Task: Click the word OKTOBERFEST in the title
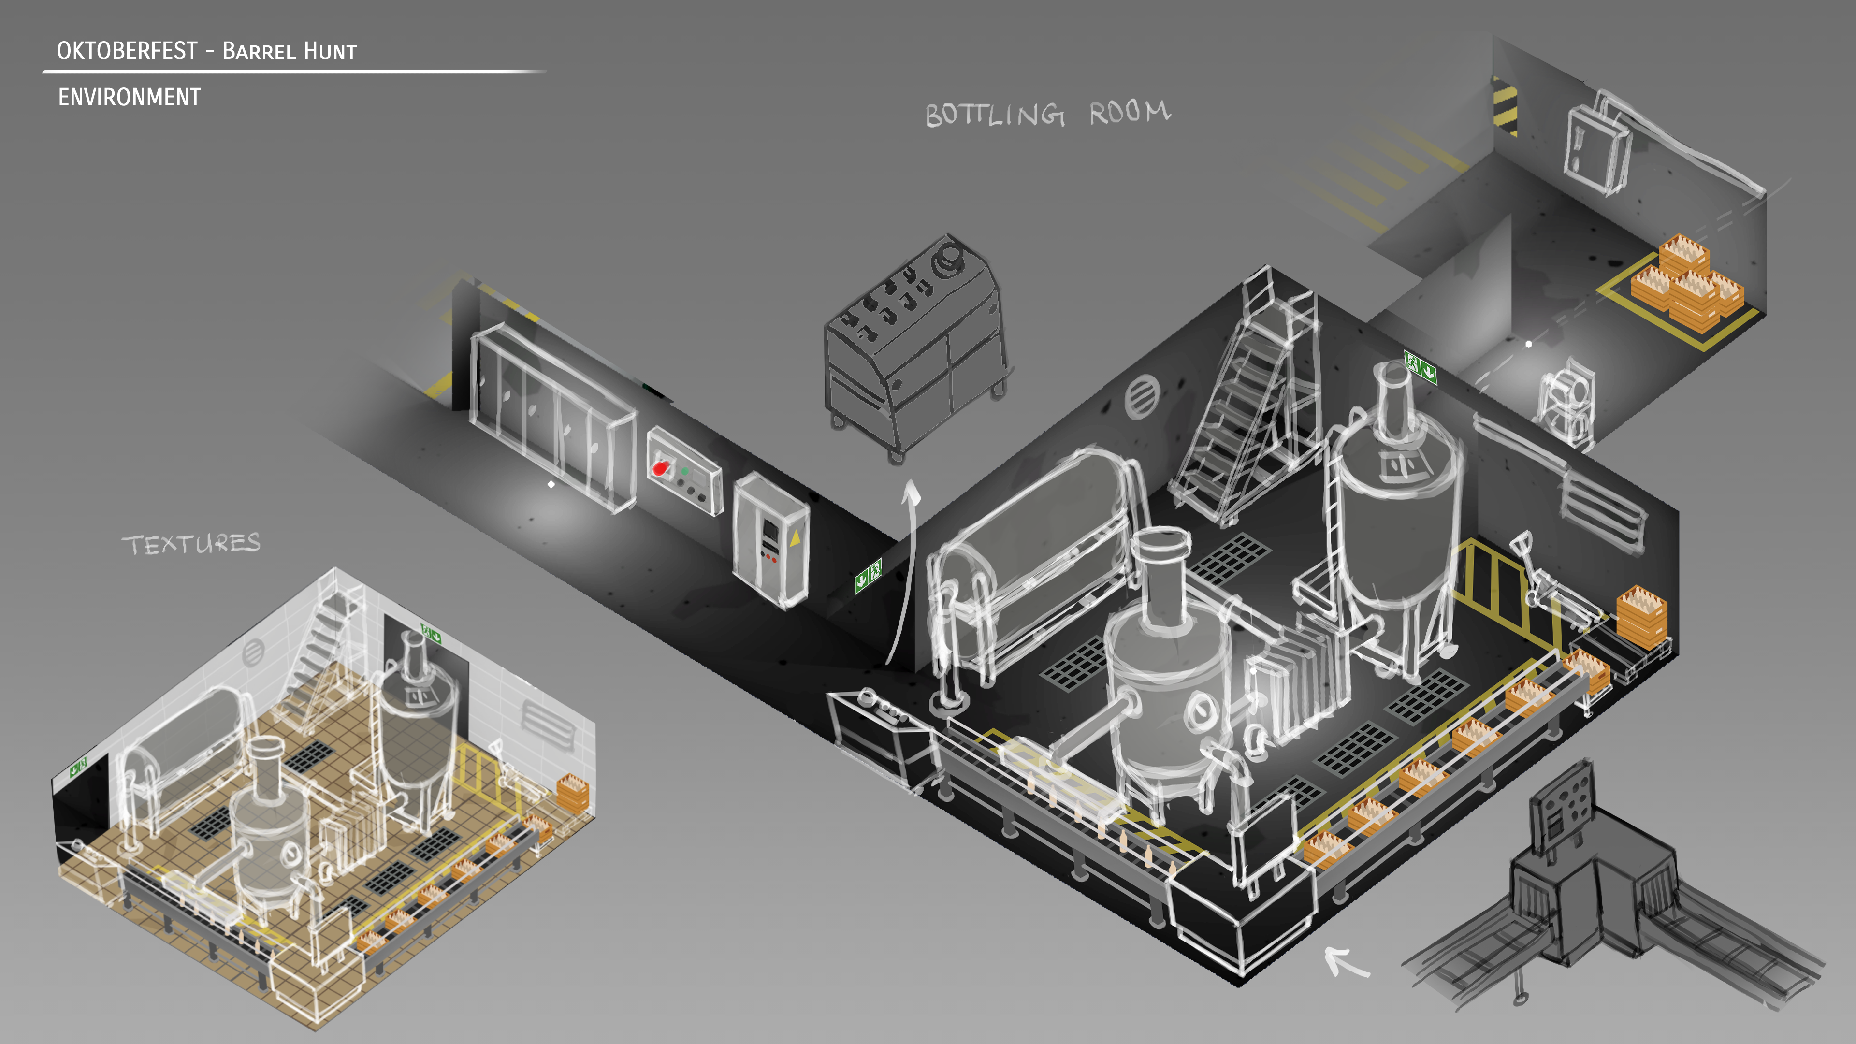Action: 127,50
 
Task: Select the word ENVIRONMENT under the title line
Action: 130,97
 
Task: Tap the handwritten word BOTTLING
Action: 995,115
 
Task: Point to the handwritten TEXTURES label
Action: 191,544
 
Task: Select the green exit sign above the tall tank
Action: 1420,367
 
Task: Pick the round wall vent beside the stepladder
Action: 1142,395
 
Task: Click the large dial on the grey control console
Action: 949,259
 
